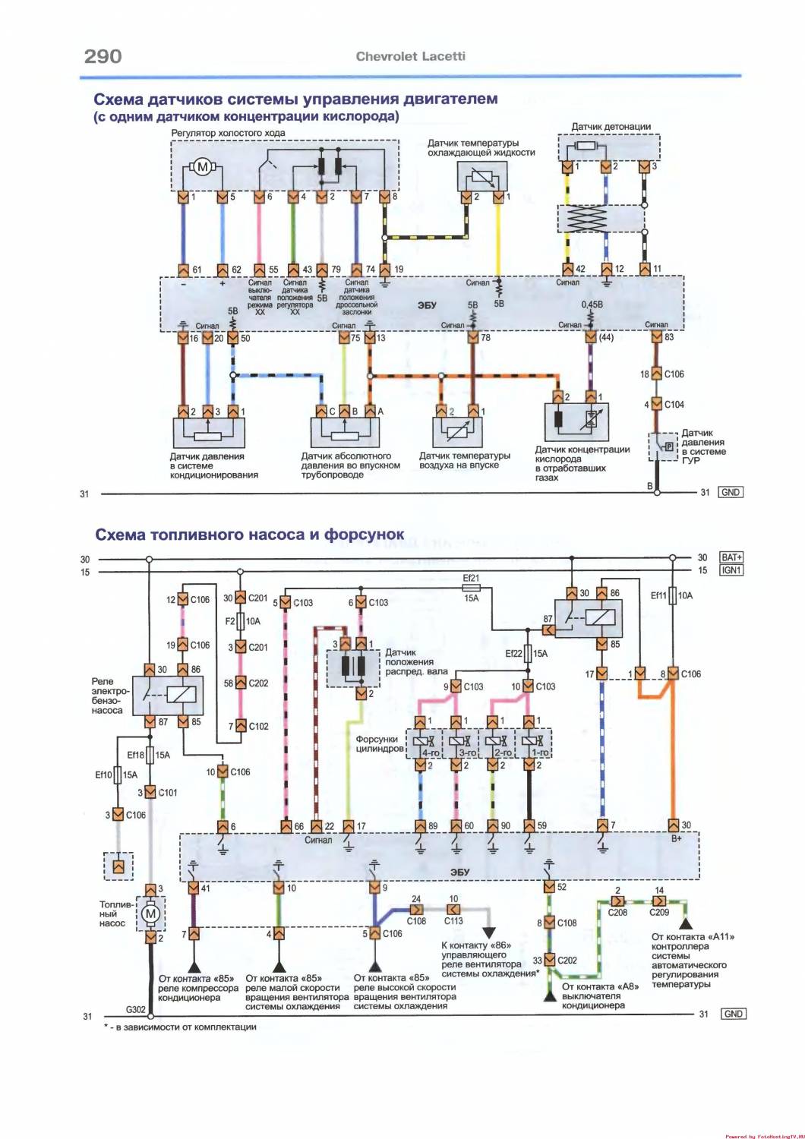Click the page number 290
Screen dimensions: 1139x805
click(102, 56)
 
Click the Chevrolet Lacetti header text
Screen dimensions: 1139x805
click(411, 56)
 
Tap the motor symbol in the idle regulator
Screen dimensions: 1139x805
click(202, 167)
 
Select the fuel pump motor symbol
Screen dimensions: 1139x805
click(150, 913)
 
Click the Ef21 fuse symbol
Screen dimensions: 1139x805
click(471, 588)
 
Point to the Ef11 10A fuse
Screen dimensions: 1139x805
click(672, 596)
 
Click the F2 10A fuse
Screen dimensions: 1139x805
click(240, 622)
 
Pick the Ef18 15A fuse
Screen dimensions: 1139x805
click(150, 756)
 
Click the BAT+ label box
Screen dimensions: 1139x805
click(731, 558)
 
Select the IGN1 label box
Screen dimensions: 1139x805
click(731, 570)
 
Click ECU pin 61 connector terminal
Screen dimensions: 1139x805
click(183, 270)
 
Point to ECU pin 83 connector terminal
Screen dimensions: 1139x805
click(658, 337)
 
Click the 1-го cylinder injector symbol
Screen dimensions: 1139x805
click(533, 743)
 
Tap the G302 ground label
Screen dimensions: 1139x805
click(137, 1010)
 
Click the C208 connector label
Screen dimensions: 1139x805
click(617, 912)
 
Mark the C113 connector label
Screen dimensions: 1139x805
click(453, 921)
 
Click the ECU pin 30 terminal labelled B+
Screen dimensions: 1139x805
click(673, 825)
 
